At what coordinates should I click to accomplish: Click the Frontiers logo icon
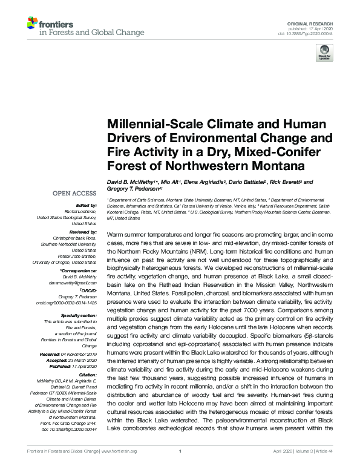(32, 24)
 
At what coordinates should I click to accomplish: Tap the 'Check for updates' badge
(324, 54)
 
